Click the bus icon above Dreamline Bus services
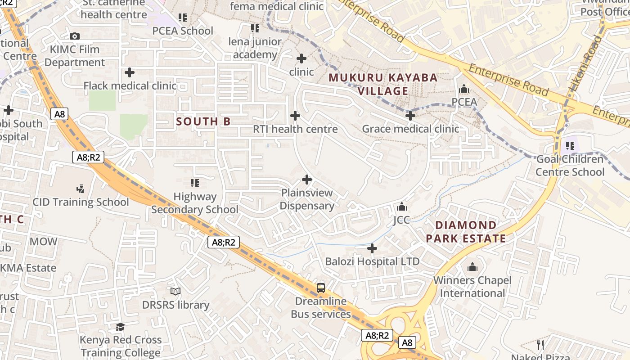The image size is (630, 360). click(321, 288)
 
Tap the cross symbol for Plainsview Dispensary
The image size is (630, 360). click(307, 180)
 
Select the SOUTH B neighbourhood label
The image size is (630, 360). click(203, 121)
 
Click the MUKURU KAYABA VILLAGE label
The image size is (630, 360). click(383, 84)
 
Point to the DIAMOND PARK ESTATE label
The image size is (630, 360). click(466, 232)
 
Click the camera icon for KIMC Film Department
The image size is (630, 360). click(75, 36)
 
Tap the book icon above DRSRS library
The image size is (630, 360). click(175, 292)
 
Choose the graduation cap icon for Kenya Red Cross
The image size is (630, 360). click(120, 326)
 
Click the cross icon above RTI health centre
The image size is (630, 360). click(295, 116)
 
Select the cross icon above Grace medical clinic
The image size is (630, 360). click(410, 116)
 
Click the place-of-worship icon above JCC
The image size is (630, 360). click(402, 207)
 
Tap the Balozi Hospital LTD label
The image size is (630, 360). click(372, 261)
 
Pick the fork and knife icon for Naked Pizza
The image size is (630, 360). click(540, 345)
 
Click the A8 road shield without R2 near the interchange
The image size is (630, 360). click(407, 343)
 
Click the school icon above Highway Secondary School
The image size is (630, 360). click(195, 183)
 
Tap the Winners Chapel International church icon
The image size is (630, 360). click(472, 267)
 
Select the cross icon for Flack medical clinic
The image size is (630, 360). click(130, 72)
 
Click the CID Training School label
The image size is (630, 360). click(81, 202)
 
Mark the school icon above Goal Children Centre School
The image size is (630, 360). click(570, 146)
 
